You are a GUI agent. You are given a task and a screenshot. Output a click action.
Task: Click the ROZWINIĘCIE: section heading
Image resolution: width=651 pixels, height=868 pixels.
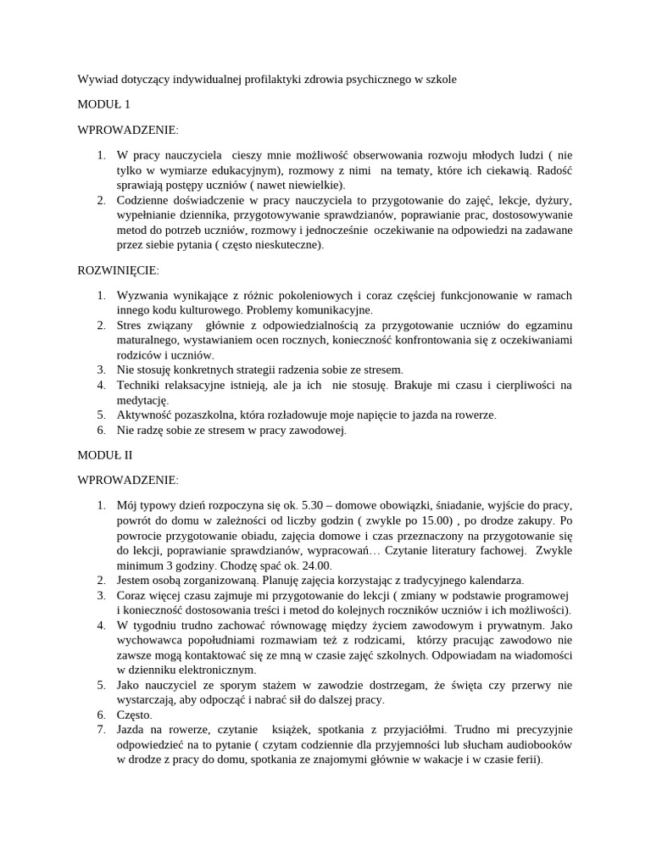(119, 270)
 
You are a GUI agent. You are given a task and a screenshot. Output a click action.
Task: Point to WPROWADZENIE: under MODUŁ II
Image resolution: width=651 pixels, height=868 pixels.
(128, 480)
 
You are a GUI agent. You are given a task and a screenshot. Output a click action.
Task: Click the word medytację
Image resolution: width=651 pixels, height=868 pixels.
(143, 400)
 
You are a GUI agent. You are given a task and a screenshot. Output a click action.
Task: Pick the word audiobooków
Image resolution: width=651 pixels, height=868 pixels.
(536, 743)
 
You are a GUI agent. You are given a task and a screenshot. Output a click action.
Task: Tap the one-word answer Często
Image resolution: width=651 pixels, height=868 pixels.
(135, 715)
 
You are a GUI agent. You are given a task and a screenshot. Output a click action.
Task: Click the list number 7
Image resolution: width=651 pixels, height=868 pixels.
(99, 729)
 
